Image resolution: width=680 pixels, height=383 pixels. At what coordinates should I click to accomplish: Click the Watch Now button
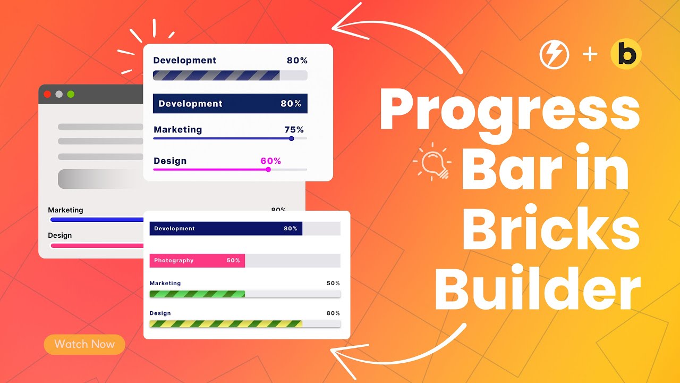[84, 344]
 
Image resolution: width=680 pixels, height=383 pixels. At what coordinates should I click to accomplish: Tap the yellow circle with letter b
[626, 55]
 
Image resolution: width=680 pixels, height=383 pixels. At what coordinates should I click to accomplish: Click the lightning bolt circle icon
[554, 55]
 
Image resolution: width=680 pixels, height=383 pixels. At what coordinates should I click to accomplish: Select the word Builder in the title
[537, 290]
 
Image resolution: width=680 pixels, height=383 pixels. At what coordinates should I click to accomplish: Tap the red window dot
[47, 94]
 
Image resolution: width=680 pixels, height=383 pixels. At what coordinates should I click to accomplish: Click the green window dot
[71, 94]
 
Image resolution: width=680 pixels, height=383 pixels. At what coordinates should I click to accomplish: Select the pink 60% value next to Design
[270, 161]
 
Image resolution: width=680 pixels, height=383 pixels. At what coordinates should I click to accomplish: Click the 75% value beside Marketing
[294, 129]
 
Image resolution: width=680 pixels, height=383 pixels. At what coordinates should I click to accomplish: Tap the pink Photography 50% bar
[197, 261]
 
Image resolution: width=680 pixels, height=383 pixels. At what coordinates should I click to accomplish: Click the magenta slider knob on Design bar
[268, 169]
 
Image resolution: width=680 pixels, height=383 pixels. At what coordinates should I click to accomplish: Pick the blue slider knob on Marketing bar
[291, 138]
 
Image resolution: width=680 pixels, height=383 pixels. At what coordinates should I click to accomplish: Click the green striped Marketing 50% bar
[197, 294]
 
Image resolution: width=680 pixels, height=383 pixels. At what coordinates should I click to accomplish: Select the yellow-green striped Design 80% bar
[226, 323]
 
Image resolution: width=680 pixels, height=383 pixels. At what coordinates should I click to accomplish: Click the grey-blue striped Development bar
[216, 76]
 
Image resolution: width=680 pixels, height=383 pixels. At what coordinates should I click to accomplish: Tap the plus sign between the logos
[590, 55]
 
